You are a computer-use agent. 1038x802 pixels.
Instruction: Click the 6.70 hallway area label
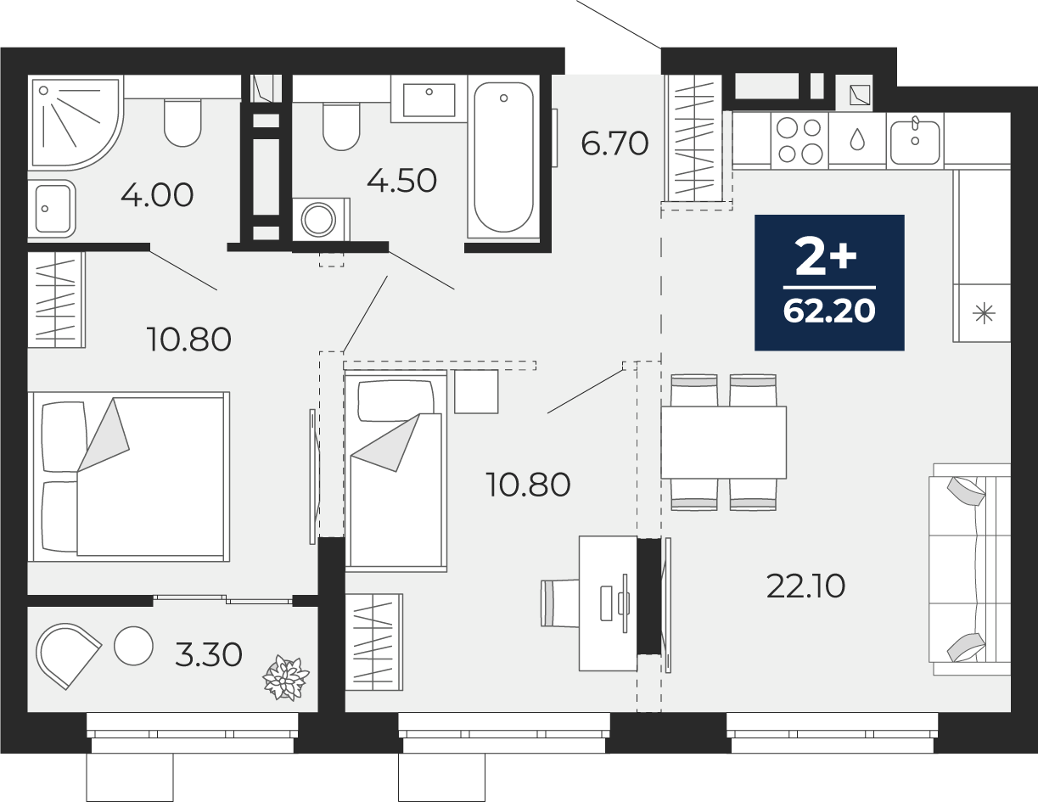coord(614,143)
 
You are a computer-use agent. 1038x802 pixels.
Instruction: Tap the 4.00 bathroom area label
coord(157,195)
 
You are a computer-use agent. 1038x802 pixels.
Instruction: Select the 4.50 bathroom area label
coord(401,181)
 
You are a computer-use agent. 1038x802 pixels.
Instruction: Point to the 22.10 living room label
coord(805,586)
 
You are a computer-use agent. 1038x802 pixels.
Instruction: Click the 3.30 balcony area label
coord(209,654)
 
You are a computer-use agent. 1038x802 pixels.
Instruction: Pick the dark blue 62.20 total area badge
coord(829,283)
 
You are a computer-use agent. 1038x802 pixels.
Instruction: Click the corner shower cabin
coord(76,122)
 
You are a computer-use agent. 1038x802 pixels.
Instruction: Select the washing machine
coord(321,220)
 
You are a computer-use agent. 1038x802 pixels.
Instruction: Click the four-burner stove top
coord(800,140)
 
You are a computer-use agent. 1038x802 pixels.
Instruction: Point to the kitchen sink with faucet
coord(915,140)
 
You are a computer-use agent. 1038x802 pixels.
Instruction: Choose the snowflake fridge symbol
coord(984,314)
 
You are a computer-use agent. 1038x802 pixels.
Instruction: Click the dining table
coord(724,442)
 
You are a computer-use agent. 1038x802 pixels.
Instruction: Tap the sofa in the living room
coord(970,569)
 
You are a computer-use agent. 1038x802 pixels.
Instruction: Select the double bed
coord(129,477)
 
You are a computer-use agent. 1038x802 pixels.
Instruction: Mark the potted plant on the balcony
coord(286,678)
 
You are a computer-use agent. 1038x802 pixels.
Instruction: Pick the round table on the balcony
coord(133,646)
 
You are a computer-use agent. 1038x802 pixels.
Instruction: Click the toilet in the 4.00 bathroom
coord(182,123)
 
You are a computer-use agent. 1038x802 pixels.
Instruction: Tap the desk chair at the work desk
coord(560,603)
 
